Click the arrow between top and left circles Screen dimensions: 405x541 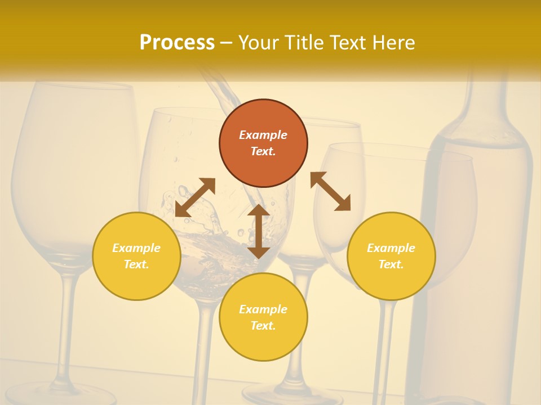click(195, 197)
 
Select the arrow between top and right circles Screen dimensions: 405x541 click(330, 191)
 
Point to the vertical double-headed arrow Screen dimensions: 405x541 click(259, 231)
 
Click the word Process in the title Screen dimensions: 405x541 click(177, 42)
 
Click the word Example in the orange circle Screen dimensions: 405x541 click(263, 135)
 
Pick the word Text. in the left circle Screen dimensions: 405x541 click(136, 264)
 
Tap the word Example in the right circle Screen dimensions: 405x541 click(391, 248)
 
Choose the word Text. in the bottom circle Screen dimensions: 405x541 click(263, 326)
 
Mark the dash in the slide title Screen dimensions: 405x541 click(226, 43)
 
